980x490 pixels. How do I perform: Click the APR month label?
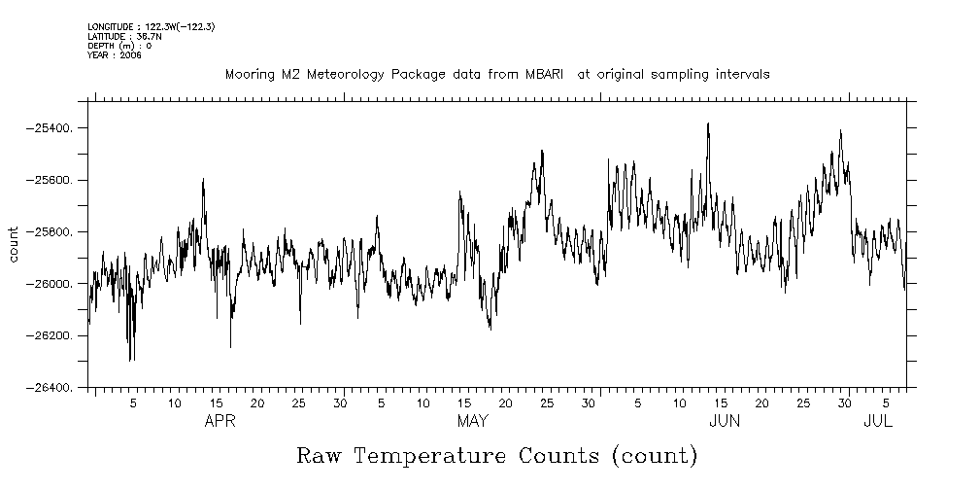(220, 421)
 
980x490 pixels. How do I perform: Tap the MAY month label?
(472, 421)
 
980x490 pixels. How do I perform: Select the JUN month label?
(725, 421)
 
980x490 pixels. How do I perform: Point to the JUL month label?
(878, 421)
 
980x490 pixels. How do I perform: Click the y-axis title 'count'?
(15, 244)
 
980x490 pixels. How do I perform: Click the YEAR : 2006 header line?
(115, 55)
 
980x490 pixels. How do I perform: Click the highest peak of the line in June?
(708, 123)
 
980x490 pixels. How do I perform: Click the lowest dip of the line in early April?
(130, 361)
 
